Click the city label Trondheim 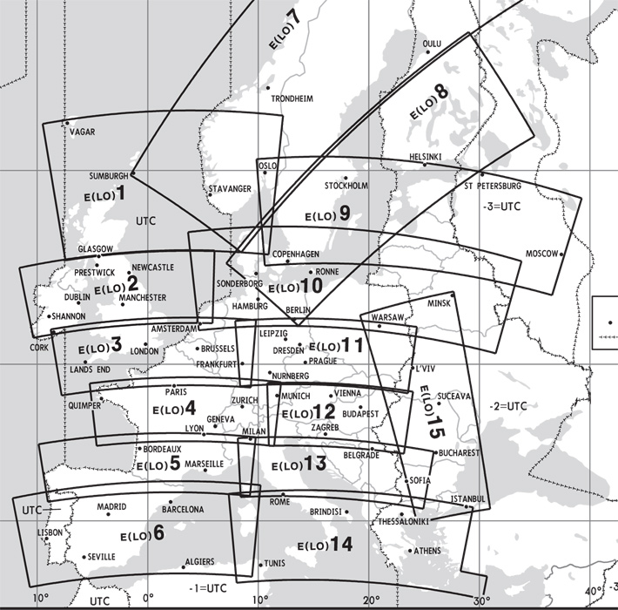point(292,99)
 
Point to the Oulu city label point(432,43)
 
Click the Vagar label point(81,132)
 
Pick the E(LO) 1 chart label point(105,193)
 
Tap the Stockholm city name point(346,186)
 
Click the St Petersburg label point(493,186)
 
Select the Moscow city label point(540,254)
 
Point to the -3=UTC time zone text point(500,208)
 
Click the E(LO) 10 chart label point(296,286)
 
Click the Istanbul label point(467,498)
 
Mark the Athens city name point(427,551)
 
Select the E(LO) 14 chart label point(324,545)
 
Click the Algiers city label point(198,562)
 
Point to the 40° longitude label point(593,592)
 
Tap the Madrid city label point(111,506)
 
